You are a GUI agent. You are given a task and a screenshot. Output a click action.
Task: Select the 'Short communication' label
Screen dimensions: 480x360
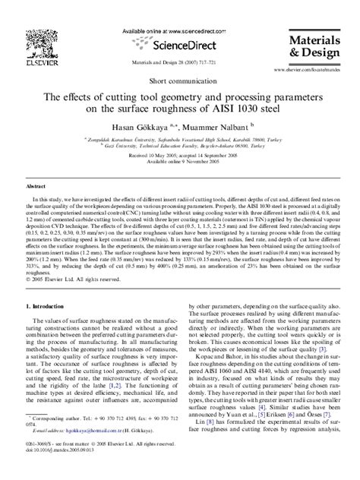[180, 80]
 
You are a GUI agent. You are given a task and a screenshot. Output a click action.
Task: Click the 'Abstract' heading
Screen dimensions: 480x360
[36, 185]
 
